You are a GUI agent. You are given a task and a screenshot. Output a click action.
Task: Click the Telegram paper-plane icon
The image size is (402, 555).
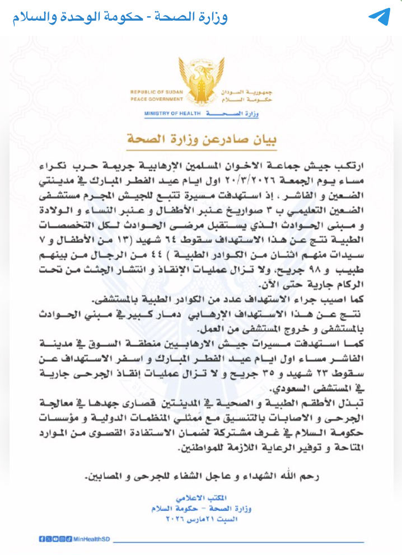pyautogui.click(x=378, y=16)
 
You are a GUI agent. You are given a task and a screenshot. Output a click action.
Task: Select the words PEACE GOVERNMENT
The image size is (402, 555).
pyautogui.click(x=152, y=98)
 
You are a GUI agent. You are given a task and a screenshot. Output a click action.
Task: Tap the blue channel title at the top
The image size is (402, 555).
pyautogui.click(x=120, y=17)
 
